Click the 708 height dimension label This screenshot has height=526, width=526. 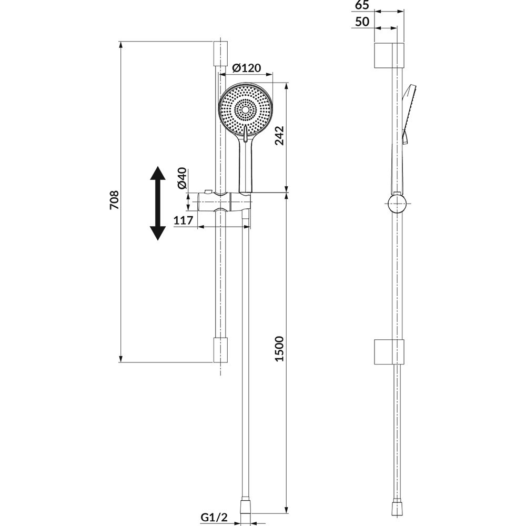(x=114, y=200)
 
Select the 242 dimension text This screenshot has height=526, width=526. (x=279, y=135)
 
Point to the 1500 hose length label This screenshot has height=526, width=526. (x=279, y=349)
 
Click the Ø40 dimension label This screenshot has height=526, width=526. (x=181, y=178)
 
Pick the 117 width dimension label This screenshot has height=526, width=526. (x=184, y=220)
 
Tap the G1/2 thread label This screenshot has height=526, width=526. (x=214, y=517)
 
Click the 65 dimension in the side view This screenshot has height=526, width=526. (x=362, y=5)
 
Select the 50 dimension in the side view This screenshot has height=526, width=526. (x=362, y=22)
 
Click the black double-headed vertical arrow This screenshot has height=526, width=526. (x=157, y=203)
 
